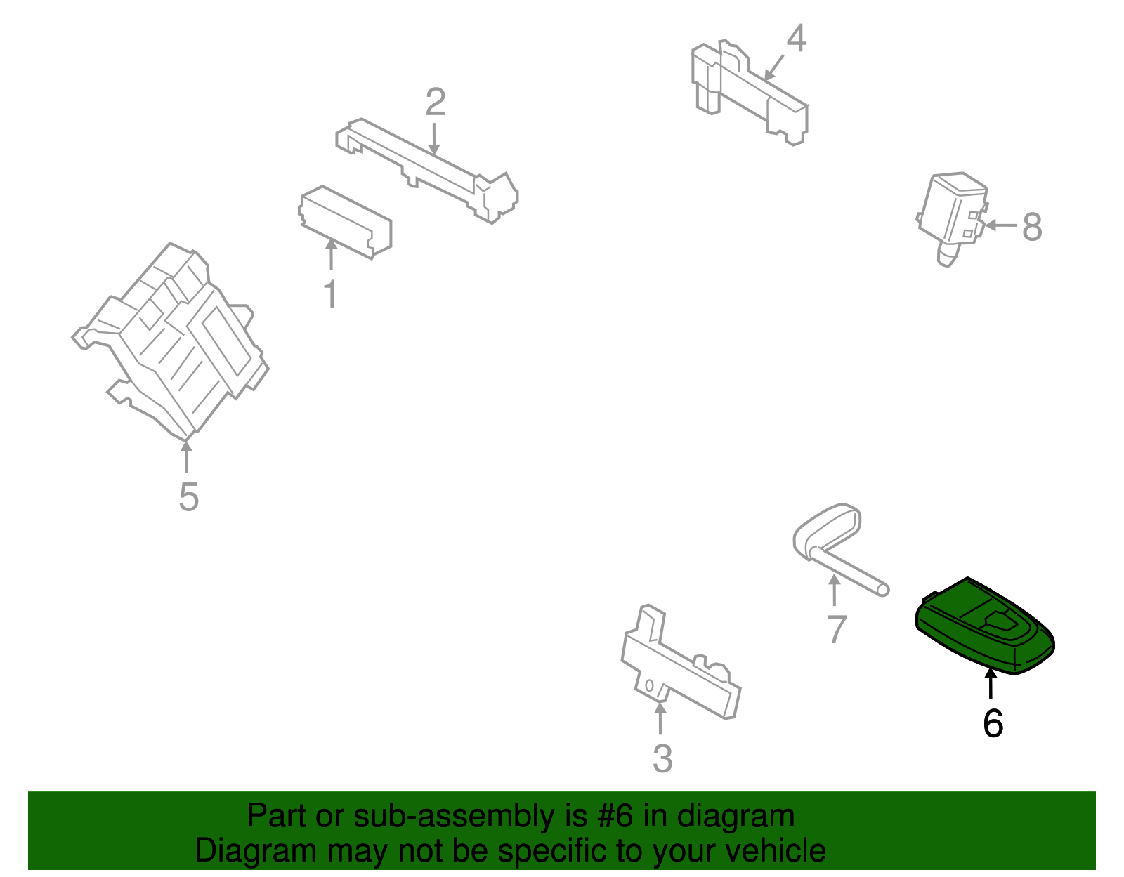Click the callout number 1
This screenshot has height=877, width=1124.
331,294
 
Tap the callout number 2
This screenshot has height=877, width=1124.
436,102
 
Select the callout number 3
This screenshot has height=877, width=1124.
662,758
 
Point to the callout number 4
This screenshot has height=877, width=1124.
796,38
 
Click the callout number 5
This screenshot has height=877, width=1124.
189,496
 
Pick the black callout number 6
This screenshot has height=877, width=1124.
993,723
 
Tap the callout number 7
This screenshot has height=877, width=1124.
837,629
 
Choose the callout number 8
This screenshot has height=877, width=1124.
1032,227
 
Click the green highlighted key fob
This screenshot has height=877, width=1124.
985,626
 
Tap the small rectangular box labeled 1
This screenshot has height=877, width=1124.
345,222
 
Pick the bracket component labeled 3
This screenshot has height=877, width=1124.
681,662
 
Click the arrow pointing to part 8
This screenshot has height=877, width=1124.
1001,225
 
